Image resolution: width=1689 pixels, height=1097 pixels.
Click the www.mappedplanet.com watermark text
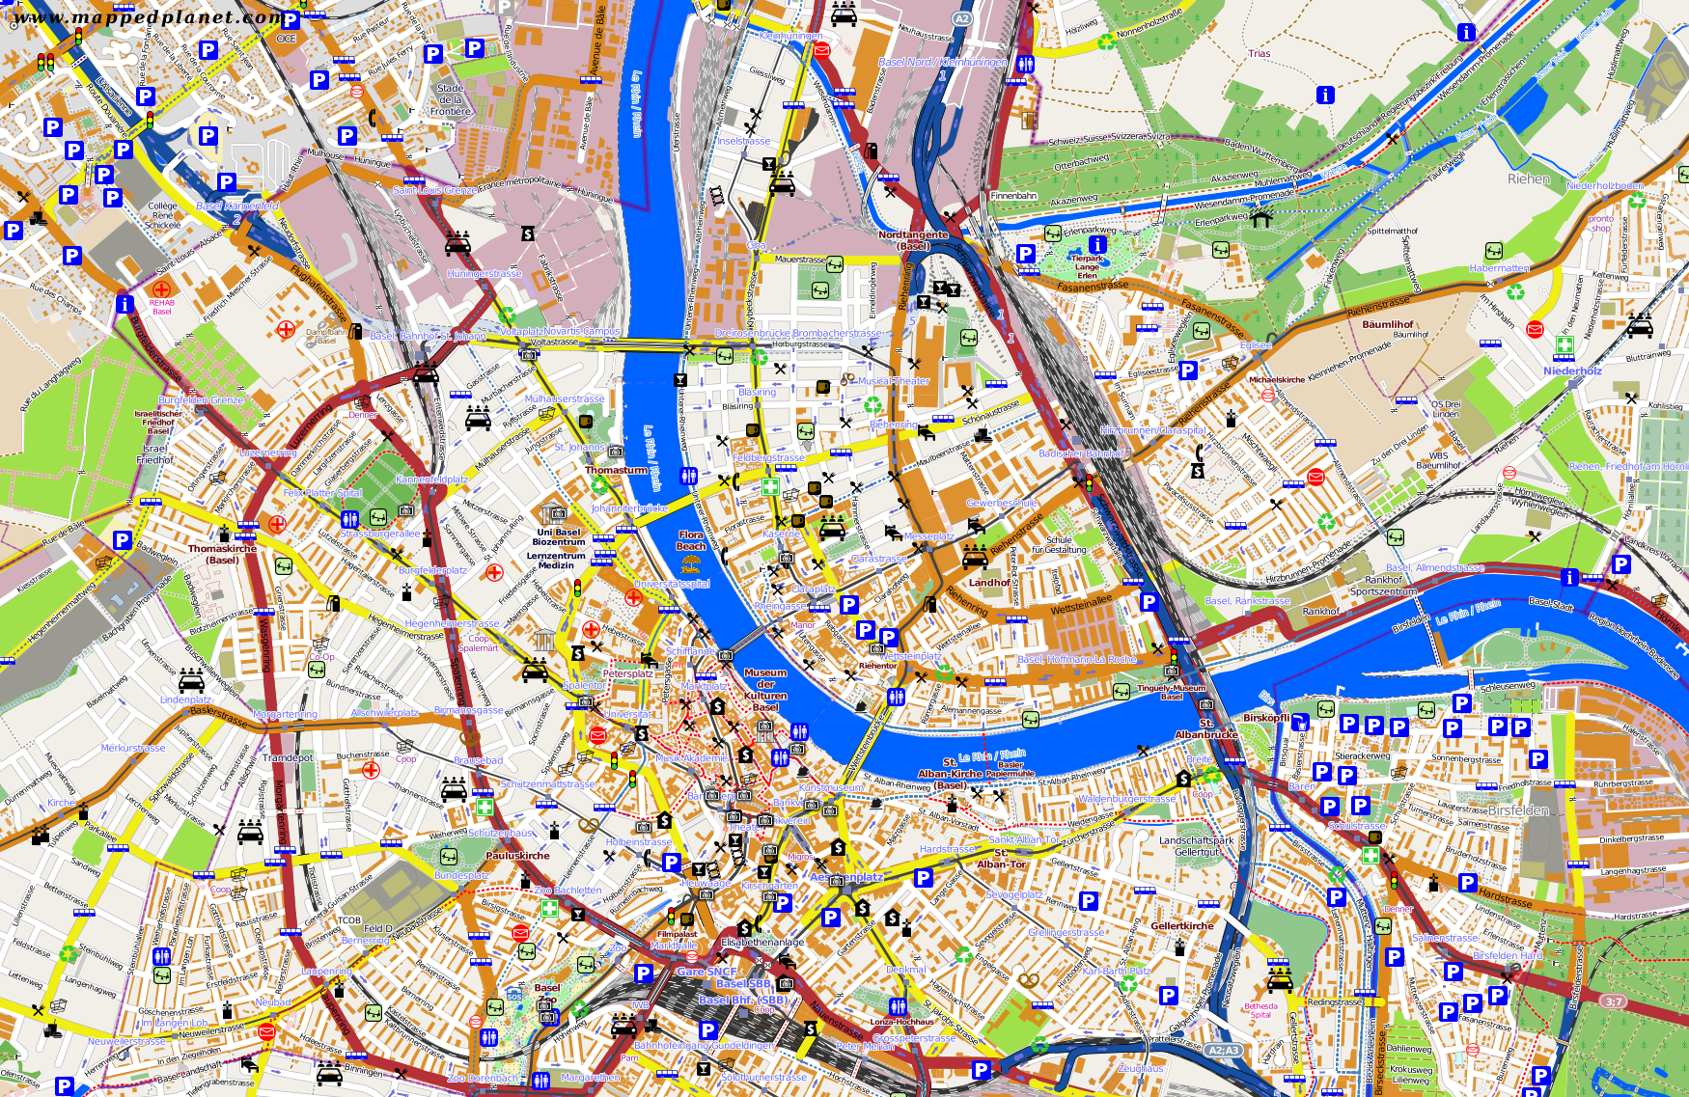(x=145, y=16)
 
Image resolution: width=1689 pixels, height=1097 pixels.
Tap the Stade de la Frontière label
(x=451, y=99)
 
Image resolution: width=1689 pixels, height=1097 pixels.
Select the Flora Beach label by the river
(x=691, y=540)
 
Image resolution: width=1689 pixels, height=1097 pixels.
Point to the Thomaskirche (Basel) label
(x=222, y=554)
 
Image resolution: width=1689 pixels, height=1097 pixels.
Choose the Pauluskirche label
(x=518, y=856)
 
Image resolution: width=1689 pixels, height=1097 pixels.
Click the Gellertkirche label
(x=1182, y=926)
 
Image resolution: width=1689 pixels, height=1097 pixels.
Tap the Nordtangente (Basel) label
(x=913, y=240)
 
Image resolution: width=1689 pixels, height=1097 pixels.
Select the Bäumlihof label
(x=1388, y=324)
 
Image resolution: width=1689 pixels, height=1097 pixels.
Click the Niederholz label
(x=1572, y=371)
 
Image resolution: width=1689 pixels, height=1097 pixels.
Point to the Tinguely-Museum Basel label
(x=1172, y=692)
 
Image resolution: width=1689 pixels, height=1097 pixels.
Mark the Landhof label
(x=989, y=583)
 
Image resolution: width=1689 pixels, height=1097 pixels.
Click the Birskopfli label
(x=1266, y=718)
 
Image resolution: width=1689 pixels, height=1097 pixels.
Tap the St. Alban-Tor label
(x=1002, y=859)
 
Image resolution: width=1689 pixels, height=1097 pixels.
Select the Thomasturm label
(x=617, y=470)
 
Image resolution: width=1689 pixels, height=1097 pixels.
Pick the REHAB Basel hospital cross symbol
(x=161, y=288)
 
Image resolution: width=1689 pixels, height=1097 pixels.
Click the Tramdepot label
(x=288, y=757)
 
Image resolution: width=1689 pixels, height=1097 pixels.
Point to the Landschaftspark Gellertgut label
(x=1197, y=846)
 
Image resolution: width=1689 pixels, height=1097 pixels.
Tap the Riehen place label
(x=1529, y=178)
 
